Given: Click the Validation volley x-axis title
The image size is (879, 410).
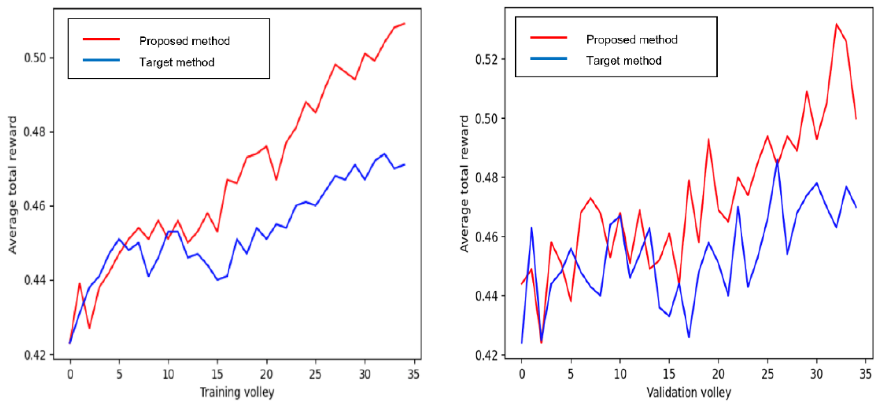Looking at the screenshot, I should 689,392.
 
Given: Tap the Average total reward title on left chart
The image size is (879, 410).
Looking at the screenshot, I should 12,185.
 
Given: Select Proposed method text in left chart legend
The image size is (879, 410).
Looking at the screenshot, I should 184,41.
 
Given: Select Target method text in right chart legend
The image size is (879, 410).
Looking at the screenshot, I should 623,61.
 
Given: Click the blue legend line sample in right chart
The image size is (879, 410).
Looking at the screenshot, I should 548,59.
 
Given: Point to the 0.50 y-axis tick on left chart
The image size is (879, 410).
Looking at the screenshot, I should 34,58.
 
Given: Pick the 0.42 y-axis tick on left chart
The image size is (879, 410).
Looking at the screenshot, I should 34,355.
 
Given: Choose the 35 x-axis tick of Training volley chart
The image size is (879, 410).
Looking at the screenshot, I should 413,375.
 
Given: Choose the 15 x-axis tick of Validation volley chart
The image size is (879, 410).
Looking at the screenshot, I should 669,375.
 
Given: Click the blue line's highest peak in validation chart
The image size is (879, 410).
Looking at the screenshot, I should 777,160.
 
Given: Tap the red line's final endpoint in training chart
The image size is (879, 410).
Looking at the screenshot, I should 404,23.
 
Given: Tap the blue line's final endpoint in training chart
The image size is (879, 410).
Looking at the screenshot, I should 404,165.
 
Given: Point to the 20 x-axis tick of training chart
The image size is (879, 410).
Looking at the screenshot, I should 266,375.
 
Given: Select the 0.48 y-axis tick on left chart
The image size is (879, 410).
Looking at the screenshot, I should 34,132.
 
